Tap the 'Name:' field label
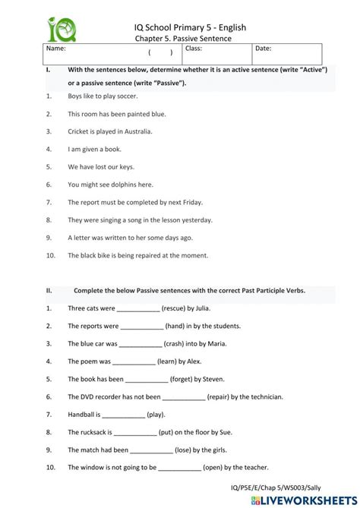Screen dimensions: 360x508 (x=56, y=49)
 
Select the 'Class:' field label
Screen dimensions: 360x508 (x=194, y=49)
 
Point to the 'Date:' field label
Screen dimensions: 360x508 (x=263, y=49)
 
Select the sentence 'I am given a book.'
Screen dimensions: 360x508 (x=94, y=149)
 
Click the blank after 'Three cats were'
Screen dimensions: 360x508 (x=138, y=310)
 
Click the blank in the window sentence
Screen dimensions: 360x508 (x=180, y=469)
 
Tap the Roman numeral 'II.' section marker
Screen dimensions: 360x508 (x=49, y=290)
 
